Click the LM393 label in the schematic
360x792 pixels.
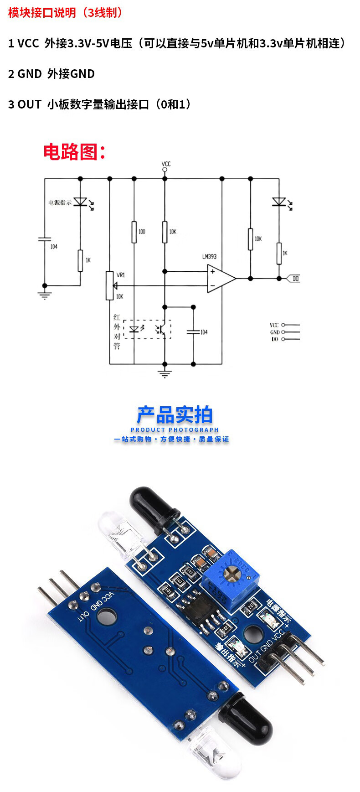(209, 257)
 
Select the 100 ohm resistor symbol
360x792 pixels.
(134, 232)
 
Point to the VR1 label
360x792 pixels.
(121, 275)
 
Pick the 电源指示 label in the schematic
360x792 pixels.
(60, 202)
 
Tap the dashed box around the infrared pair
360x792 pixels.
(147, 329)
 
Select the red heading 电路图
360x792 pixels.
(74, 152)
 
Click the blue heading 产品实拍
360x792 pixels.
(175, 415)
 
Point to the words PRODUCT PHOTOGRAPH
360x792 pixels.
(175, 430)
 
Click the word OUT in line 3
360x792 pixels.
(30, 104)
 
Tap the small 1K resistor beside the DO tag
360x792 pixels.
(279, 254)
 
